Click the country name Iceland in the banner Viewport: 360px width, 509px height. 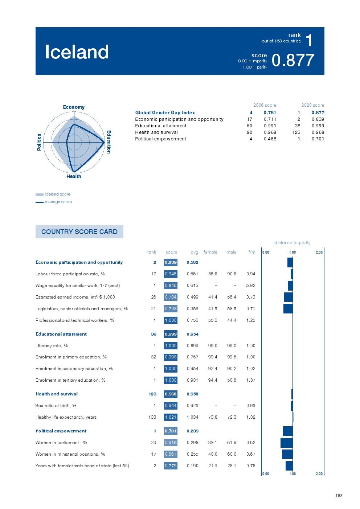tap(77, 52)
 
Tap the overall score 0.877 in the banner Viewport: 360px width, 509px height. tap(292, 60)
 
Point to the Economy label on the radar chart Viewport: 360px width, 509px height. tap(74, 107)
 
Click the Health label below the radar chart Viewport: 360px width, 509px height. tap(74, 177)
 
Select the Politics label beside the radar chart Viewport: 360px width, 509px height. tap(39, 142)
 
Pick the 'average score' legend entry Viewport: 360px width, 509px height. tap(58, 202)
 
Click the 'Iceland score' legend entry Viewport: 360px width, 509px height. tap(58, 194)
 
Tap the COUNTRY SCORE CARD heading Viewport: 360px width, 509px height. tap(79, 232)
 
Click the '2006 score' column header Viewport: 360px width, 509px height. tap(265, 105)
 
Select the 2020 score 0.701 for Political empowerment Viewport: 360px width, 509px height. tap(318, 139)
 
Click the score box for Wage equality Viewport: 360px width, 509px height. tap(171, 286)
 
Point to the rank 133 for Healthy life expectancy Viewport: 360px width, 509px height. tap(152, 417)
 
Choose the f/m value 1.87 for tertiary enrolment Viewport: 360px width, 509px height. tap(251, 380)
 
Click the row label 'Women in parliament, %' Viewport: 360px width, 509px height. tap(61, 443)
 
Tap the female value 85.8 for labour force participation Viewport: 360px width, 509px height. tap(213, 274)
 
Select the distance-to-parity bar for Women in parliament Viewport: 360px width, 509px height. tap(286, 443)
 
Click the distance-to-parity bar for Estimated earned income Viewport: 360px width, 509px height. tap(288, 297)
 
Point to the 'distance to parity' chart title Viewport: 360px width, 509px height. tap(292, 243)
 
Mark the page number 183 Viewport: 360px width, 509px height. tap(339, 496)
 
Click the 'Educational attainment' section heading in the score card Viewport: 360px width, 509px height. tap(61, 334)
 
